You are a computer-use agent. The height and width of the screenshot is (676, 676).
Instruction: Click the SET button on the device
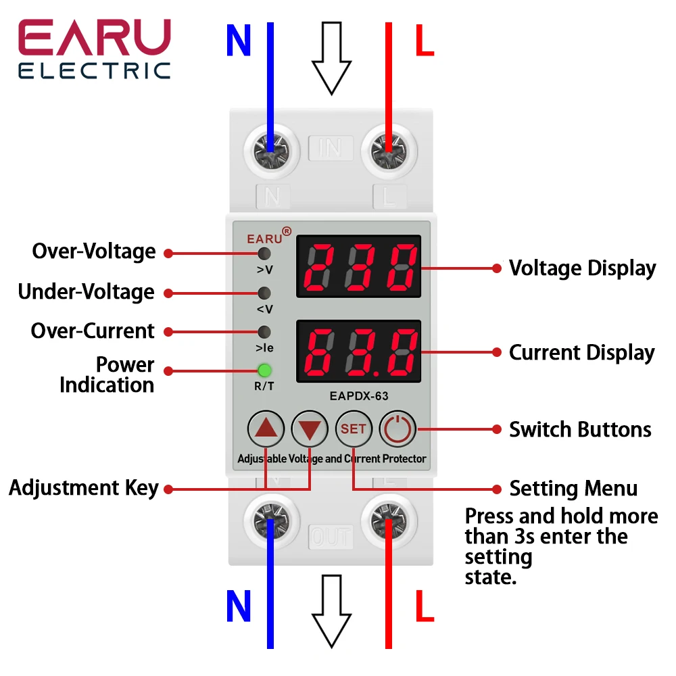click(354, 429)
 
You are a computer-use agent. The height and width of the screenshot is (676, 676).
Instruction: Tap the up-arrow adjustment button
click(267, 429)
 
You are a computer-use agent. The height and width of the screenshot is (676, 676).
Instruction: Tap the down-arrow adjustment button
click(310, 429)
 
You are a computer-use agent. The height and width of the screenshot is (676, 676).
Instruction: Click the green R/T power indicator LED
click(264, 370)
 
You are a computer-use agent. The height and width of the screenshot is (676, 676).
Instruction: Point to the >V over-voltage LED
click(264, 254)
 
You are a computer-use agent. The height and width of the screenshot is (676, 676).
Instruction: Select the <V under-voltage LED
click(264, 293)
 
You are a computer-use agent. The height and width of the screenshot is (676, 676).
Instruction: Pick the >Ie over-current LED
click(264, 332)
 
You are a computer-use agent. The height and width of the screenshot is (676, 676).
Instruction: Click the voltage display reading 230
click(358, 266)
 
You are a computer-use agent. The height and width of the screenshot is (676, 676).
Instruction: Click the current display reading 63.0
click(358, 353)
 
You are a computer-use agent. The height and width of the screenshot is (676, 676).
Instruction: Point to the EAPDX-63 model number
click(358, 397)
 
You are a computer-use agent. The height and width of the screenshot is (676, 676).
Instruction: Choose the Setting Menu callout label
click(573, 489)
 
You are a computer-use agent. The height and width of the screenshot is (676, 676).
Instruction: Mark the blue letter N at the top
click(239, 42)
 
